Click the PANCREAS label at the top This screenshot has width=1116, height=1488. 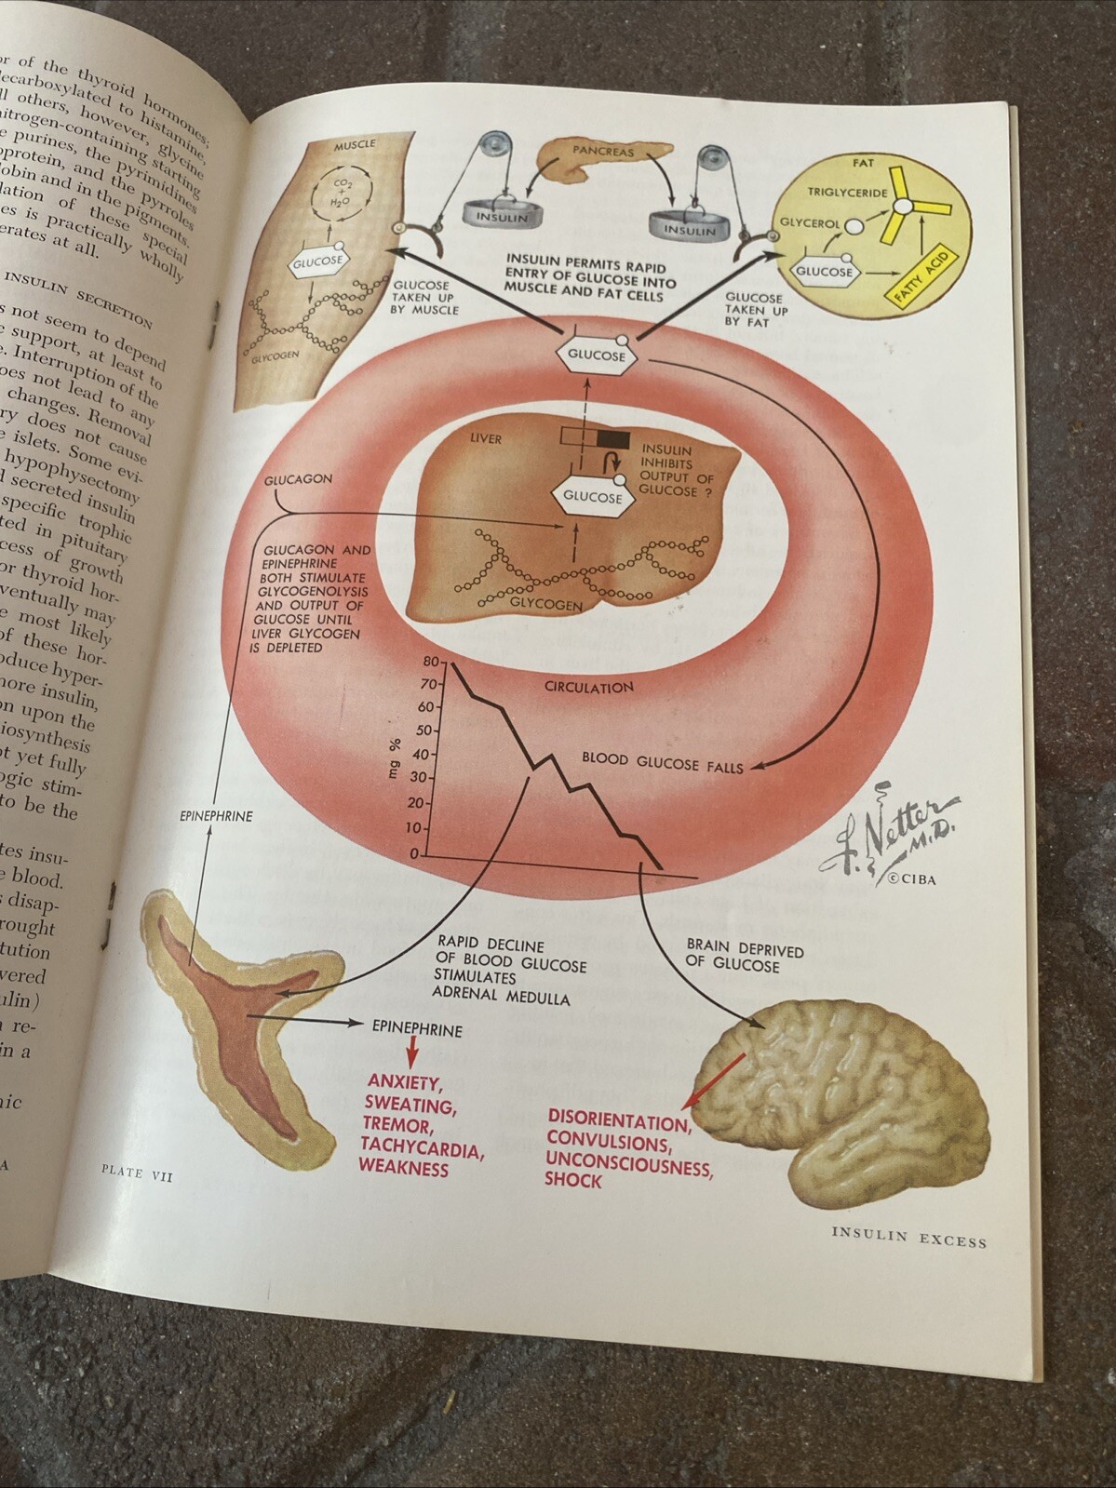click(603, 150)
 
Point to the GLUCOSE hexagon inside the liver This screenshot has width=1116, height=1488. click(593, 497)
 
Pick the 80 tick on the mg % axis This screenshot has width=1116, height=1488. click(429, 663)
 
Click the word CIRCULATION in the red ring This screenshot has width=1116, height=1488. click(588, 687)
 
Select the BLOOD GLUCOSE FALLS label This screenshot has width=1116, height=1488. click(663, 762)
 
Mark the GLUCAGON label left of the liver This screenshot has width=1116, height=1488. click(298, 479)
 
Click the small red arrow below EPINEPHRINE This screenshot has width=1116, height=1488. click(410, 1054)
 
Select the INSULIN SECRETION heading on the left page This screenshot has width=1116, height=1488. click(79, 296)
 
